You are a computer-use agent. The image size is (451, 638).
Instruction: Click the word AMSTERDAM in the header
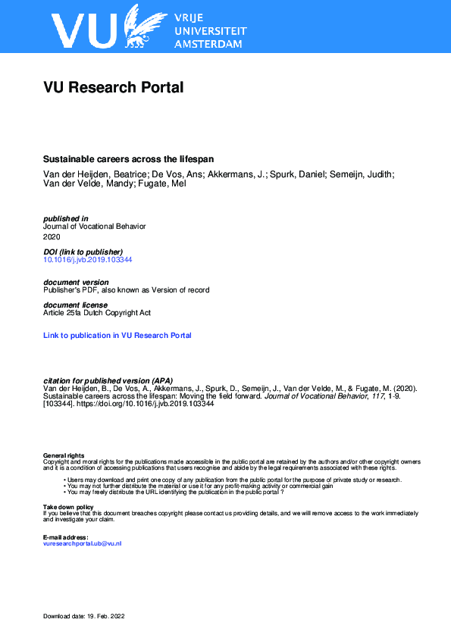pos(208,44)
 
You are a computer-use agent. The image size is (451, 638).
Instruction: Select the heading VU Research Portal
pos(114,87)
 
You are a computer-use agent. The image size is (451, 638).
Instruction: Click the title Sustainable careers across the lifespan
pos(128,159)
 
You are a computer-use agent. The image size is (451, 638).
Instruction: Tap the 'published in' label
pos(66,218)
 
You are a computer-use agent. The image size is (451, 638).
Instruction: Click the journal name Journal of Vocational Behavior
pos(94,226)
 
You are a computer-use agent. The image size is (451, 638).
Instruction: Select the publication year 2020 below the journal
pos(52,236)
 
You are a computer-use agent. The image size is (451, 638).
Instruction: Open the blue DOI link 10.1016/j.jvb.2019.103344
pos(88,260)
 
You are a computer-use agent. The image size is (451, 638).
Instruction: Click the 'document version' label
pos(76,283)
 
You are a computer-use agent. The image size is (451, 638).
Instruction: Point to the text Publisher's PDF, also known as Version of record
pos(127,290)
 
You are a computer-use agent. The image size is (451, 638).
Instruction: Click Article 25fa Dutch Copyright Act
pos(98,313)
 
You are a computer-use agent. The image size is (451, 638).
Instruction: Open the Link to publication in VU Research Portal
pos(117,335)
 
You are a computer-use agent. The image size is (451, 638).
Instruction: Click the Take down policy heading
pos(68,506)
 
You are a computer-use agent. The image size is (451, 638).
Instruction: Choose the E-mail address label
pos(66,537)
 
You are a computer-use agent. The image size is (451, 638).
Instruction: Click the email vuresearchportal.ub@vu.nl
pos(83,544)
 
